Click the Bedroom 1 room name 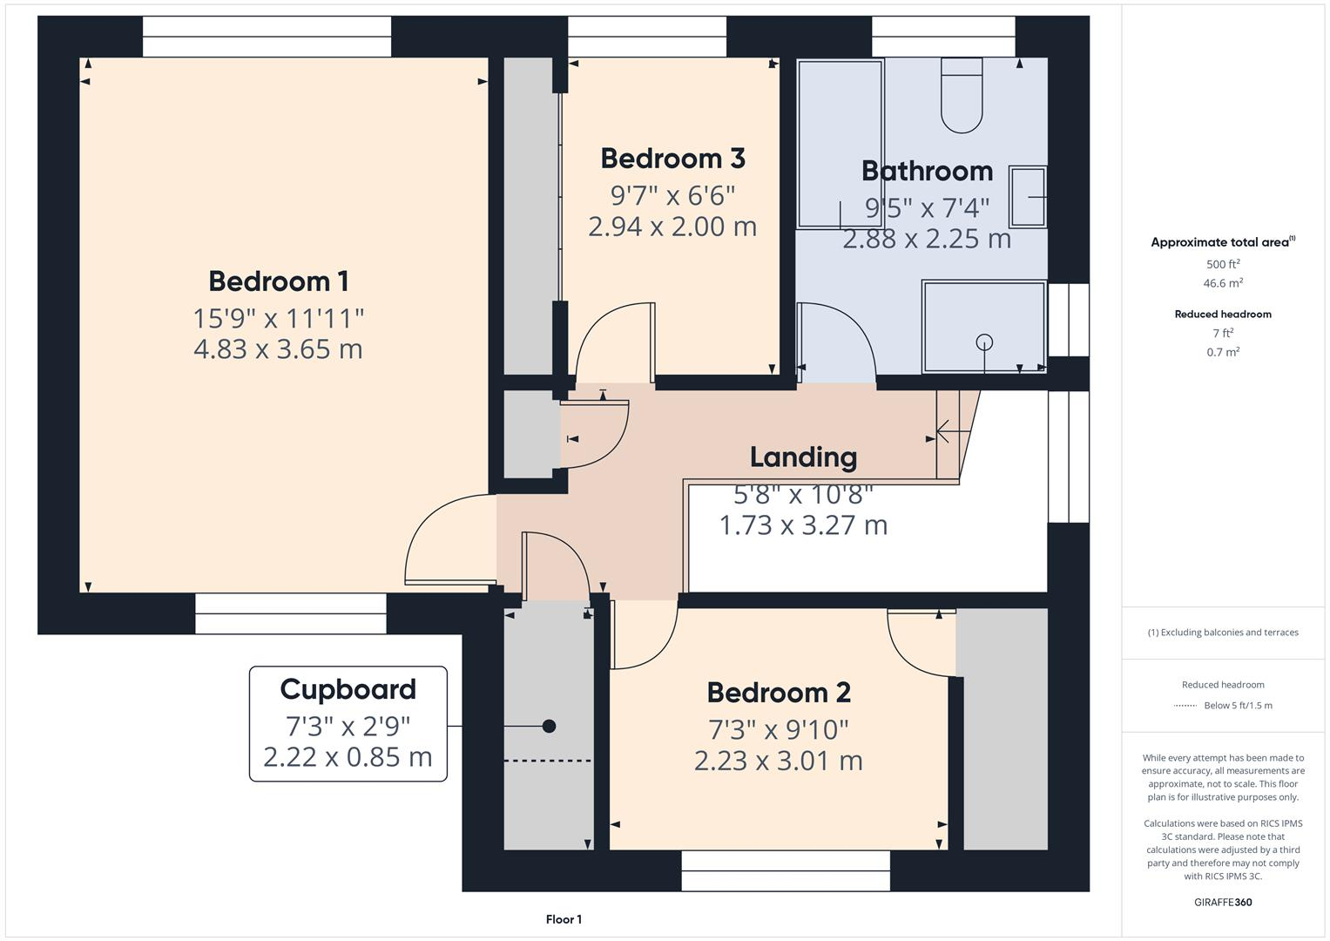(279, 281)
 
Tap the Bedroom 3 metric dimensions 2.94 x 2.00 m (672, 227)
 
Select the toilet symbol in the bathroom (962, 96)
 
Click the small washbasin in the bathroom (1028, 197)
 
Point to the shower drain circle (984, 342)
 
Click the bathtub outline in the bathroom (840, 144)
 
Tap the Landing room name (803, 457)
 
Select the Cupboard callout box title (348, 689)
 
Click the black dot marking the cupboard (549, 726)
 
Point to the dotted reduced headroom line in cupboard (549, 761)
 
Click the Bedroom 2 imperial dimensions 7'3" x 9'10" (779, 728)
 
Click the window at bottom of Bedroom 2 (786, 870)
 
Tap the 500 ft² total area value (1223, 264)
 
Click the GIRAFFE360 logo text (1223, 902)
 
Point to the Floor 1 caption (564, 919)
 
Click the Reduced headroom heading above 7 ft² (1223, 314)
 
